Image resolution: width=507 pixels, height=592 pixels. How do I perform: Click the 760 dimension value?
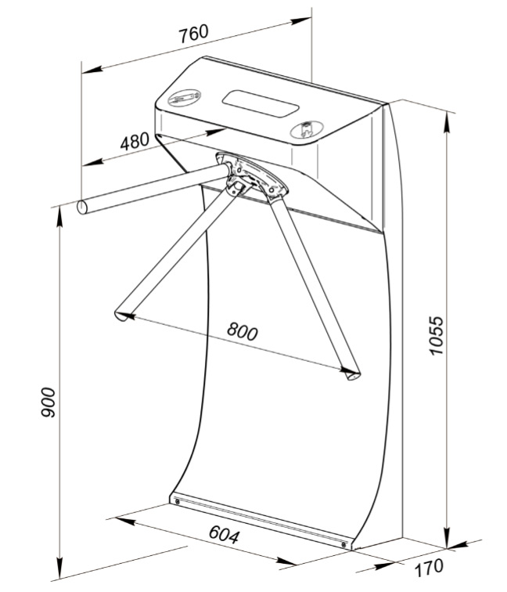pos(193,34)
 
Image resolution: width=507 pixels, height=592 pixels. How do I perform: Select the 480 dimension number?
pos(135,142)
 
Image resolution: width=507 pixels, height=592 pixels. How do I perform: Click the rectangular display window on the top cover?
pos(261,103)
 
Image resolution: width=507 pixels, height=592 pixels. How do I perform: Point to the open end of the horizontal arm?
pos(82,208)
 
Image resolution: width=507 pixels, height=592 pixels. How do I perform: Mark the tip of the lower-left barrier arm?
pos(121,315)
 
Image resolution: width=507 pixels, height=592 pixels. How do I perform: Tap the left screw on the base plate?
pos(178,502)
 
